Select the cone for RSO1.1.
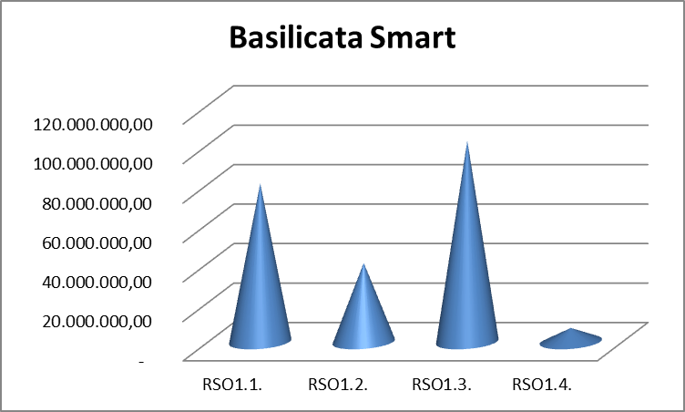[260, 292]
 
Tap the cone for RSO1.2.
[363, 314]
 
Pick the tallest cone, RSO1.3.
[467, 273]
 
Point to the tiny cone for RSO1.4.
[571, 339]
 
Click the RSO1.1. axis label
[232, 385]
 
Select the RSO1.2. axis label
[338, 385]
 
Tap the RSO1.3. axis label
[441, 385]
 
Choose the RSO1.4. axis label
[543, 385]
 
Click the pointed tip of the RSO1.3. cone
[467, 144]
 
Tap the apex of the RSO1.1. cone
[261, 186]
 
